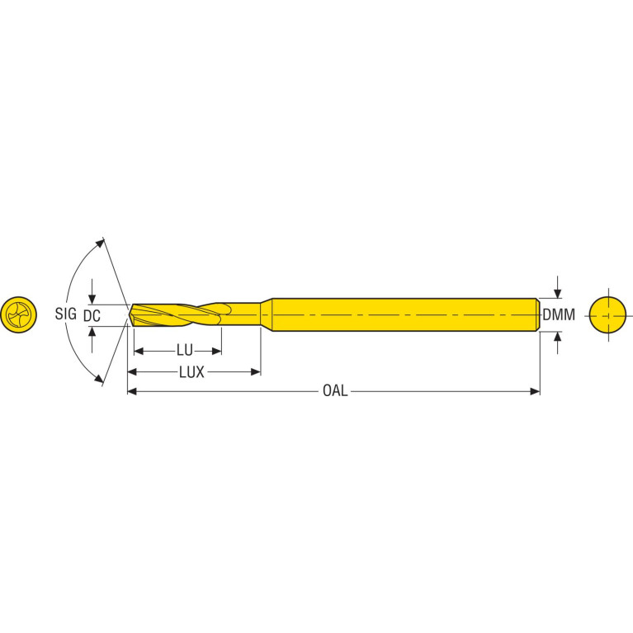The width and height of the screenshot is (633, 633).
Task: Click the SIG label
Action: (66, 314)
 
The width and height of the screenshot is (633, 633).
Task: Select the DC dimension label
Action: (92, 316)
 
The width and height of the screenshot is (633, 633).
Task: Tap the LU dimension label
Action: (185, 351)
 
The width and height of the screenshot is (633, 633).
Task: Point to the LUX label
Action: (191, 372)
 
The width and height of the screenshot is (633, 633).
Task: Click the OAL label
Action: (335, 391)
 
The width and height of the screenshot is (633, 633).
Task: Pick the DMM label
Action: (559, 314)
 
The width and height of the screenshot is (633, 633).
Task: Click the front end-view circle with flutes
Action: (19, 315)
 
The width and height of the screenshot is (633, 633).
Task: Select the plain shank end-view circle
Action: (608, 315)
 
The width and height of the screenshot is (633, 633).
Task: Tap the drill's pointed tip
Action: (130, 314)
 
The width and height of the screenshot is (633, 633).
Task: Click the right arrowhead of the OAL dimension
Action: (536, 391)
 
